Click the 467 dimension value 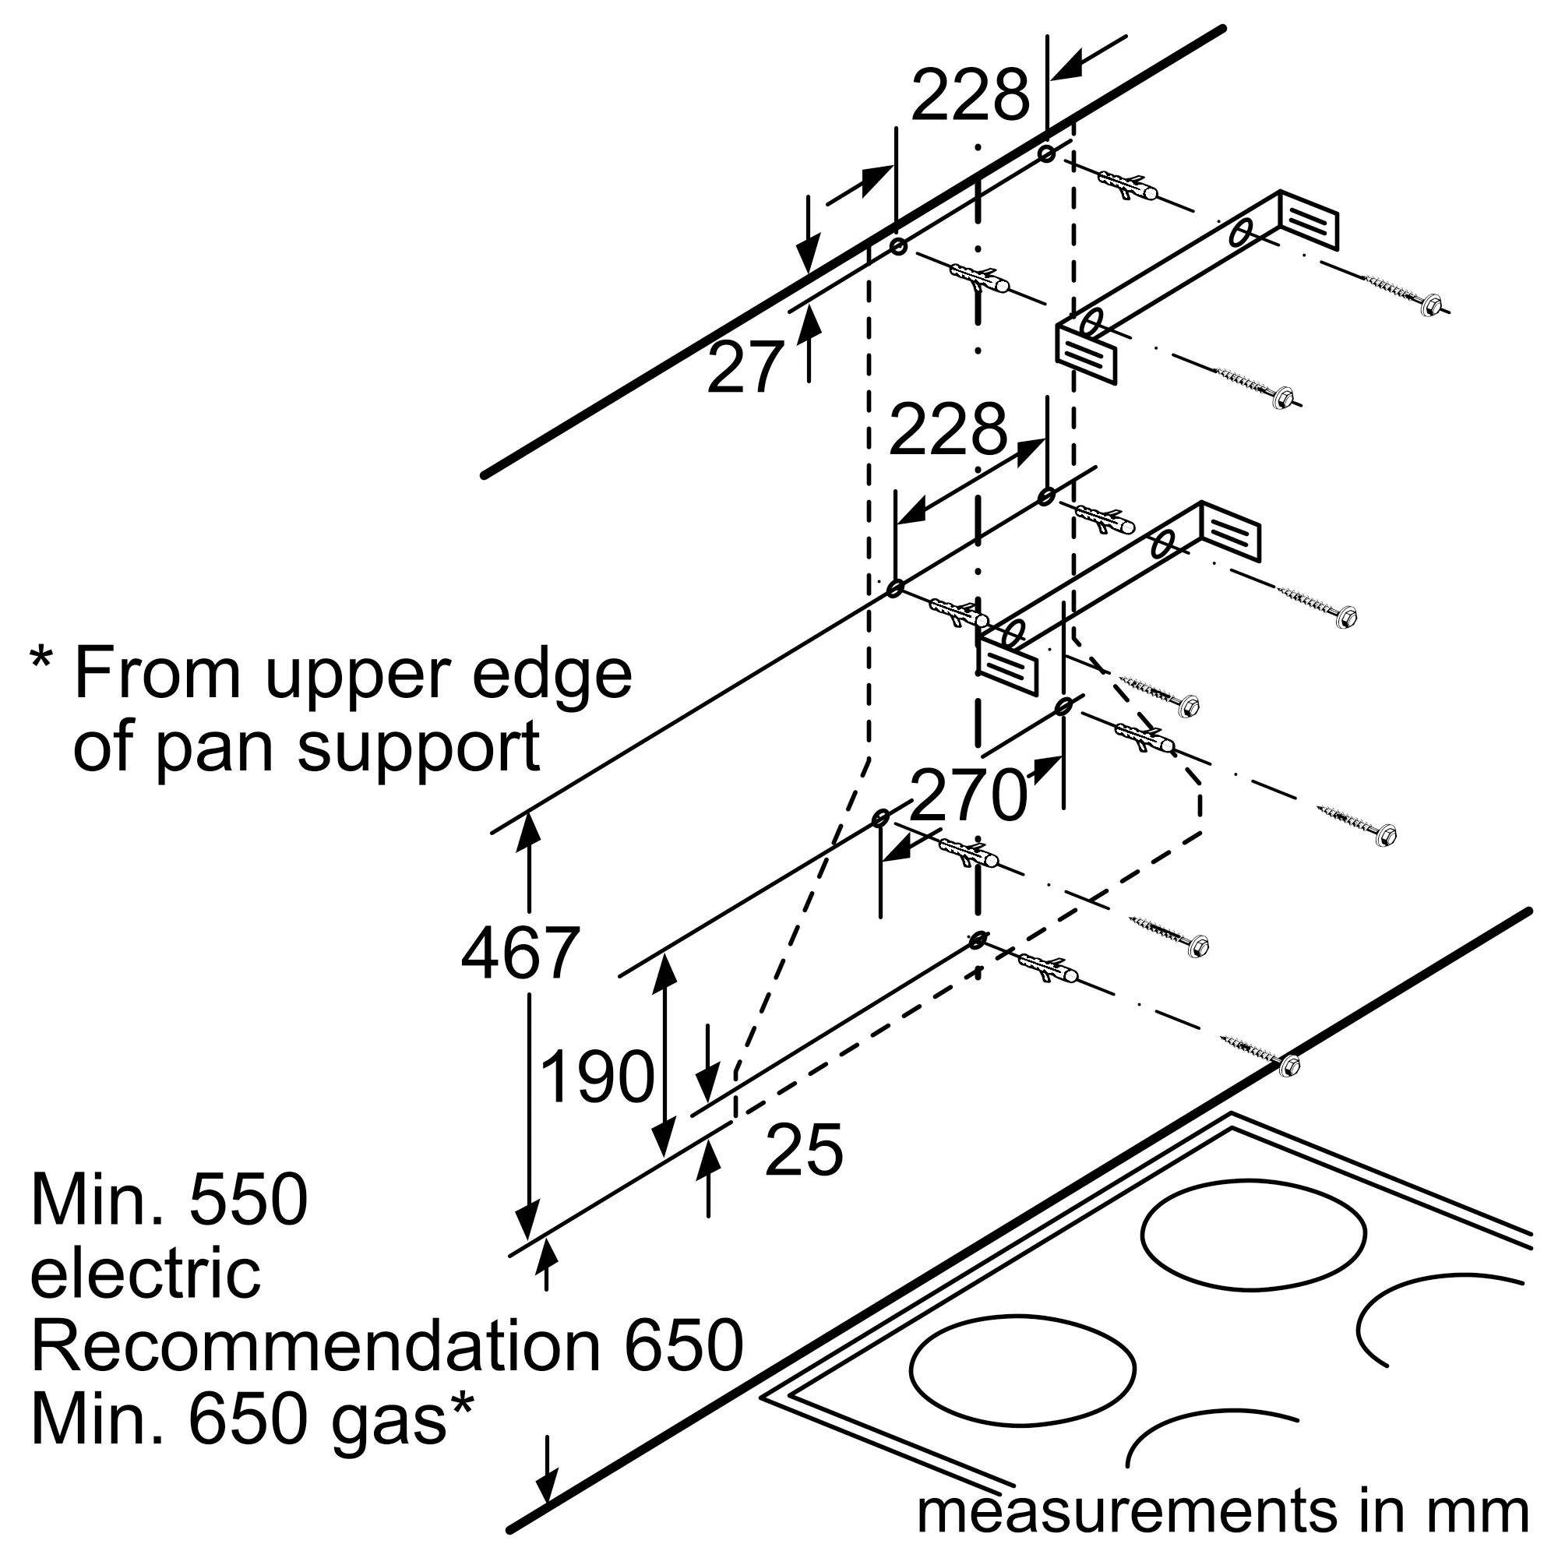520,953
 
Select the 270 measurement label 968,795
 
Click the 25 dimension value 804,1149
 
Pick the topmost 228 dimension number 971,94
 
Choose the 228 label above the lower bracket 948,428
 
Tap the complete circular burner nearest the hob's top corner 1254,1235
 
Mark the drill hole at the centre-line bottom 978,940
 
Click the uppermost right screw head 1433,305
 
